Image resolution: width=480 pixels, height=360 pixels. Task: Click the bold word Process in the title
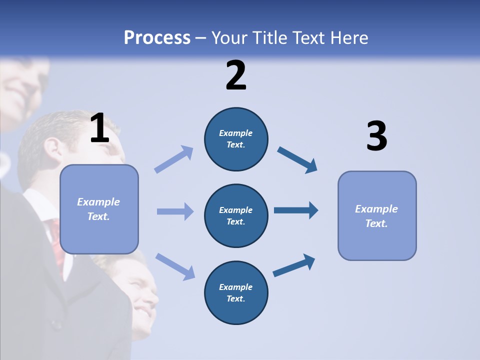[157, 38]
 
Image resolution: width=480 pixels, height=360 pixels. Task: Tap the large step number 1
[99, 128]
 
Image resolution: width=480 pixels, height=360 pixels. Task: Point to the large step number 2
[236, 75]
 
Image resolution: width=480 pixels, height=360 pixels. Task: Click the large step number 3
[376, 136]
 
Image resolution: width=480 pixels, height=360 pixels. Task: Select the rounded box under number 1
[99, 209]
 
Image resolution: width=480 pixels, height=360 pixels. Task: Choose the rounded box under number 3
[377, 215]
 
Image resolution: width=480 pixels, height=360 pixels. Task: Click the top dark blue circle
[236, 139]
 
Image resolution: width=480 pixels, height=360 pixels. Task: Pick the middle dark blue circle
[236, 215]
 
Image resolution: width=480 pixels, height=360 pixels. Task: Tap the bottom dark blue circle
[236, 292]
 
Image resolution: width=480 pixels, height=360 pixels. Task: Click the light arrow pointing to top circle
[174, 159]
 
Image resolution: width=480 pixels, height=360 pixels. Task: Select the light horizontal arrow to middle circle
[175, 211]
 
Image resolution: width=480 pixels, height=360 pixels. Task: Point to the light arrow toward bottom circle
[175, 266]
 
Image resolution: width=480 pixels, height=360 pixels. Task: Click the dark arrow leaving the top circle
[297, 159]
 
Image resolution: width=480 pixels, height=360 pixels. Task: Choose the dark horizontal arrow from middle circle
[296, 210]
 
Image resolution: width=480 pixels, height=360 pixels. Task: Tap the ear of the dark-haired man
[51, 148]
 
